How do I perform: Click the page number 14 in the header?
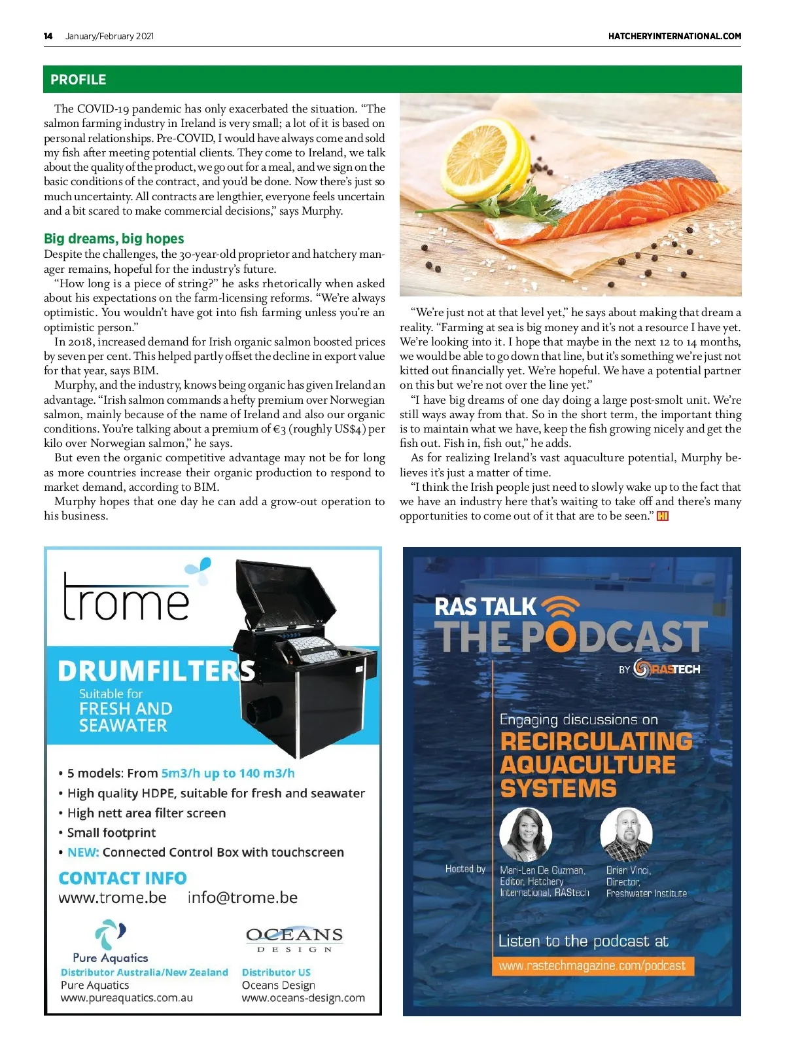(x=48, y=36)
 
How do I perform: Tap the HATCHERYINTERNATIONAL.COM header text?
(x=674, y=36)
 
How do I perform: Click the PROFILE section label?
(x=78, y=80)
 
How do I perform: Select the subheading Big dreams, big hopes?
(x=114, y=239)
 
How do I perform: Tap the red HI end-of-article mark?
(x=663, y=516)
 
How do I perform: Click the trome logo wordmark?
(x=126, y=597)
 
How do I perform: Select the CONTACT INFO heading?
(x=122, y=878)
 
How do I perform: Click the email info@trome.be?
(x=242, y=898)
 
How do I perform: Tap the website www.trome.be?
(x=113, y=898)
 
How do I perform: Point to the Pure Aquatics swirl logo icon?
(x=110, y=934)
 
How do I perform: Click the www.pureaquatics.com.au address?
(x=126, y=998)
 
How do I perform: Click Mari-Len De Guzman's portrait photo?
(x=525, y=834)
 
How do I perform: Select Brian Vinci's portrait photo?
(x=626, y=834)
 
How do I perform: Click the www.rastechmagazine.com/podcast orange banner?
(x=592, y=966)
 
